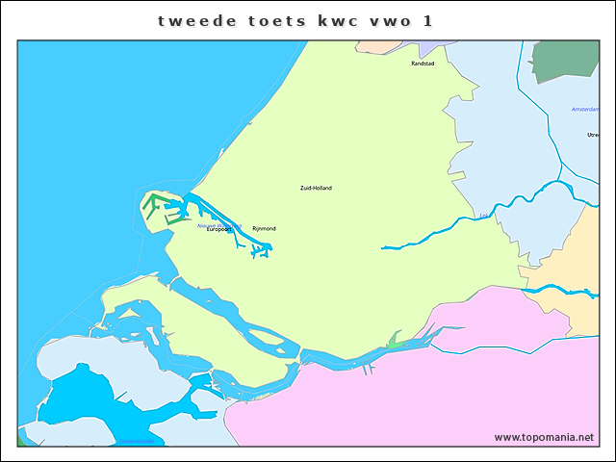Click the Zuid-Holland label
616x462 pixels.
(x=316, y=188)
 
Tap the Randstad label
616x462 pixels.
(x=423, y=64)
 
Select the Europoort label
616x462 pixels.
(x=218, y=230)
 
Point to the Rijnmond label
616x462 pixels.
(x=264, y=228)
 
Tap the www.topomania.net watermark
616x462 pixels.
(x=544, y=437)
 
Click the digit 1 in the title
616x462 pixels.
(x=426, y=19)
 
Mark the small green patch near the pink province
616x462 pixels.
(x=396, y=340)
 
